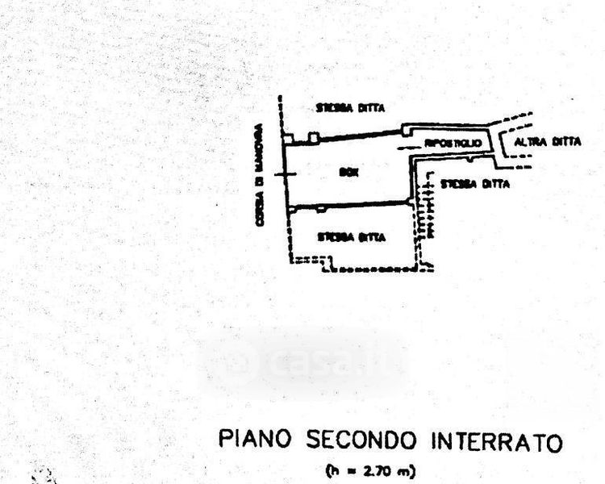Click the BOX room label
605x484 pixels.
[348, 172]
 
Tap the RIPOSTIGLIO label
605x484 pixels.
[453, 143]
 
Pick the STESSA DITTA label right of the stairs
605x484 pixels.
[475, 184]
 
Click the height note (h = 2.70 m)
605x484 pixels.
[370, 470]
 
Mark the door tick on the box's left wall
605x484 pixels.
[280, 173]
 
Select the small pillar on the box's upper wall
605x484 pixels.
[314, 138]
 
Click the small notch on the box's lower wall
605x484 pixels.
[321, 209]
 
